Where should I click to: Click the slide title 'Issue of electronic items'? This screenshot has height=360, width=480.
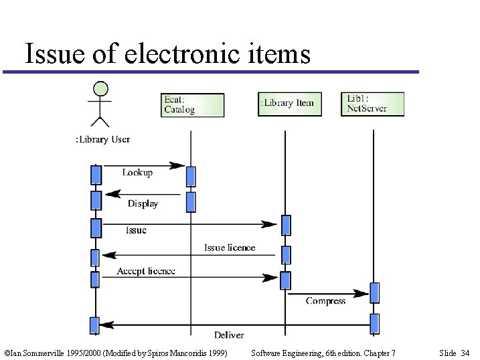[167, 54]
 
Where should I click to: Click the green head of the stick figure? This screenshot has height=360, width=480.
[100, 88]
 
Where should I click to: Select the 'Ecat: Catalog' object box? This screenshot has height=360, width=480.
[192, 105]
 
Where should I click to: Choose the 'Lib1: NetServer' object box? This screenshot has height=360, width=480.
[372, 104]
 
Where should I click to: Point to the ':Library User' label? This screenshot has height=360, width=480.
[102, 139]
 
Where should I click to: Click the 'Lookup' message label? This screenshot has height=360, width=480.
[137, 173]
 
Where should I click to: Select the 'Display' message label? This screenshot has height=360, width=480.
[143, 203]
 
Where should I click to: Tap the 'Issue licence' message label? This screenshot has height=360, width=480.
[230, 248]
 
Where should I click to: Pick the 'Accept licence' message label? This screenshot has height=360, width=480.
[146, 271]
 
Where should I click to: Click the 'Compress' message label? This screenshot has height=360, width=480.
[325, 301]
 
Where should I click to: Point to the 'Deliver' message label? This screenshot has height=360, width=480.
[229, 335]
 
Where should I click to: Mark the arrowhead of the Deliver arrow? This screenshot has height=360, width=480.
[106, 325]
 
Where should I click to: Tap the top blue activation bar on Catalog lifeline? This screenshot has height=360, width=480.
[191, 176]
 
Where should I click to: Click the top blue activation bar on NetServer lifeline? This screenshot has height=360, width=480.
[374, 292]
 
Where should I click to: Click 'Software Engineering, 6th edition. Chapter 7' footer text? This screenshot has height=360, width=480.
[322, 353]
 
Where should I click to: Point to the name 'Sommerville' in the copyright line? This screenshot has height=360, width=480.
[37, 353]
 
